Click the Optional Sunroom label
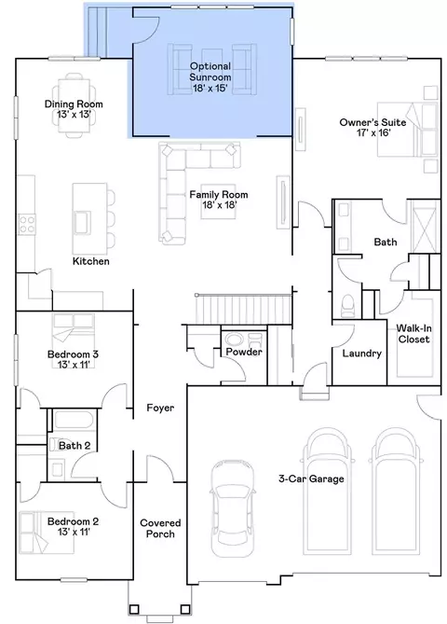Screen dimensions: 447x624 210,77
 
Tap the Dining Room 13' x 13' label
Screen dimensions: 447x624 74,109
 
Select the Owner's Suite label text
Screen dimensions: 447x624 372,128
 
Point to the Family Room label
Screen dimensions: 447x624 219,200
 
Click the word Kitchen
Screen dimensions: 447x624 90,261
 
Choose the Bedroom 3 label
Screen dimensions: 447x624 74,359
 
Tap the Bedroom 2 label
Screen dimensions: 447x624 74,526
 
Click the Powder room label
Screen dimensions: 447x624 244,352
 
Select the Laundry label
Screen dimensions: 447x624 362,354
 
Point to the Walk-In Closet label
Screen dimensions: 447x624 414,334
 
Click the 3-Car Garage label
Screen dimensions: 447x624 311,478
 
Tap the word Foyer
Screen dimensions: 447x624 160,408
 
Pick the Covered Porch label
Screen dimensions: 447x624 160,529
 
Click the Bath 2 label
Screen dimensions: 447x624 74,446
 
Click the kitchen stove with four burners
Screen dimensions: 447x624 27,223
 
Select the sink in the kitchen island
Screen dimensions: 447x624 83,222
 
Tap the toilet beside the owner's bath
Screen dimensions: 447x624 348,306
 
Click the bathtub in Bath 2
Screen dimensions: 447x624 74,421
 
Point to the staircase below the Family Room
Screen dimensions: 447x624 243,309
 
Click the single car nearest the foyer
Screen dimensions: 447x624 232,508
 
